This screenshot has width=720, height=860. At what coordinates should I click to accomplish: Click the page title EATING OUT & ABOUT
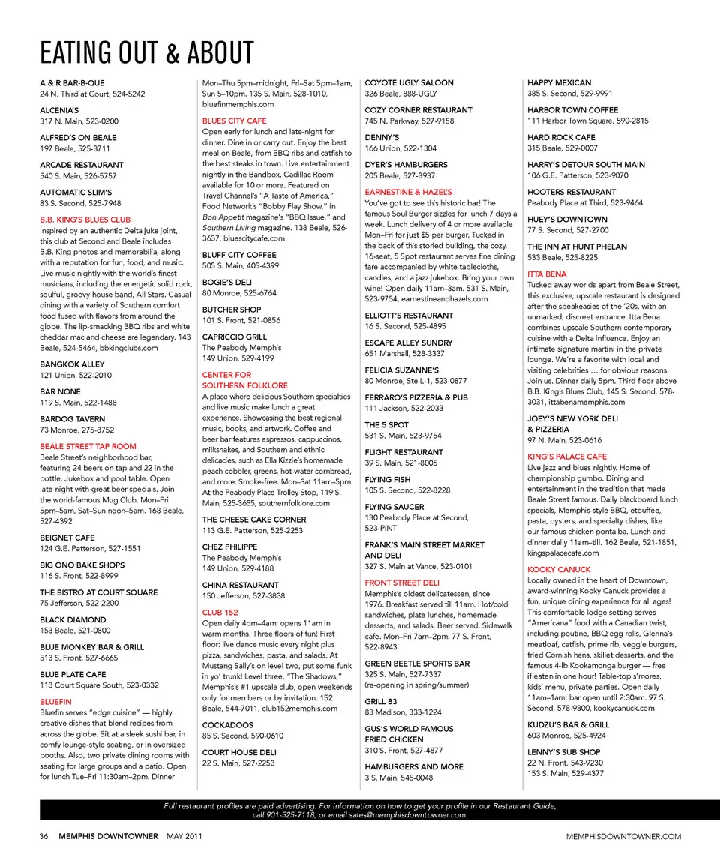pyautogui.click(x=147, y=53)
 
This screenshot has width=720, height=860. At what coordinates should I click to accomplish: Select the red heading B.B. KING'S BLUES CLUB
pyautogui.click(x=85, y=220)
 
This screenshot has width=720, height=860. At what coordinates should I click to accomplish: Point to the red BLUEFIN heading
pyautogui.click(x=55, y=702)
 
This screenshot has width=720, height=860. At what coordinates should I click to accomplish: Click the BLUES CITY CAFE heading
pyautogui.click(x=234, y=121)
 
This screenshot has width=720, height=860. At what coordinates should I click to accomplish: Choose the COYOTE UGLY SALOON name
pyautogui.click(x=409, y=83)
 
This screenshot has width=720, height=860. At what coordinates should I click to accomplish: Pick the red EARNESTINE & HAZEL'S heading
pyautogui.click(x=408, y=193)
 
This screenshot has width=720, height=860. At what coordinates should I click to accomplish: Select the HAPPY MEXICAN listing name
pyautogui.click(x=559, y=83)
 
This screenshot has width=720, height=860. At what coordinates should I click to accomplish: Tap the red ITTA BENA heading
pyautogui.click(x=547, y=274)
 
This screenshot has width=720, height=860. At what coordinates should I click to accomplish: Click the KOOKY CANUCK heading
pyautogui.click(x=559, y=570)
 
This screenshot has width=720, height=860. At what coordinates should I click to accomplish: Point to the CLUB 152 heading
pyautogui.click(x=220, y=613)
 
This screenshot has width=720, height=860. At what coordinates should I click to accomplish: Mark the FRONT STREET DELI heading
pyautogui.click(x=402, y=583)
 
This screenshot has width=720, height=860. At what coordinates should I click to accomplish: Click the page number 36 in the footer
pyautogui.click(x=44, y=836)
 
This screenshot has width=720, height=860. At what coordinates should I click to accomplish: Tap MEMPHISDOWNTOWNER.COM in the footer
pyautogui.click(x=624, y=836)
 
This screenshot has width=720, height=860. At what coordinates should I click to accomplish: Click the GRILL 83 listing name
pyautogui.click(x=381, y=702)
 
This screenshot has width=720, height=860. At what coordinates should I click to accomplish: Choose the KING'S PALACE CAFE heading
pyautogui.click(x=567, y=457)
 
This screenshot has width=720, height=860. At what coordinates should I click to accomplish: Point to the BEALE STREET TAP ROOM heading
pyautogui.click(x=88, y=446)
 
